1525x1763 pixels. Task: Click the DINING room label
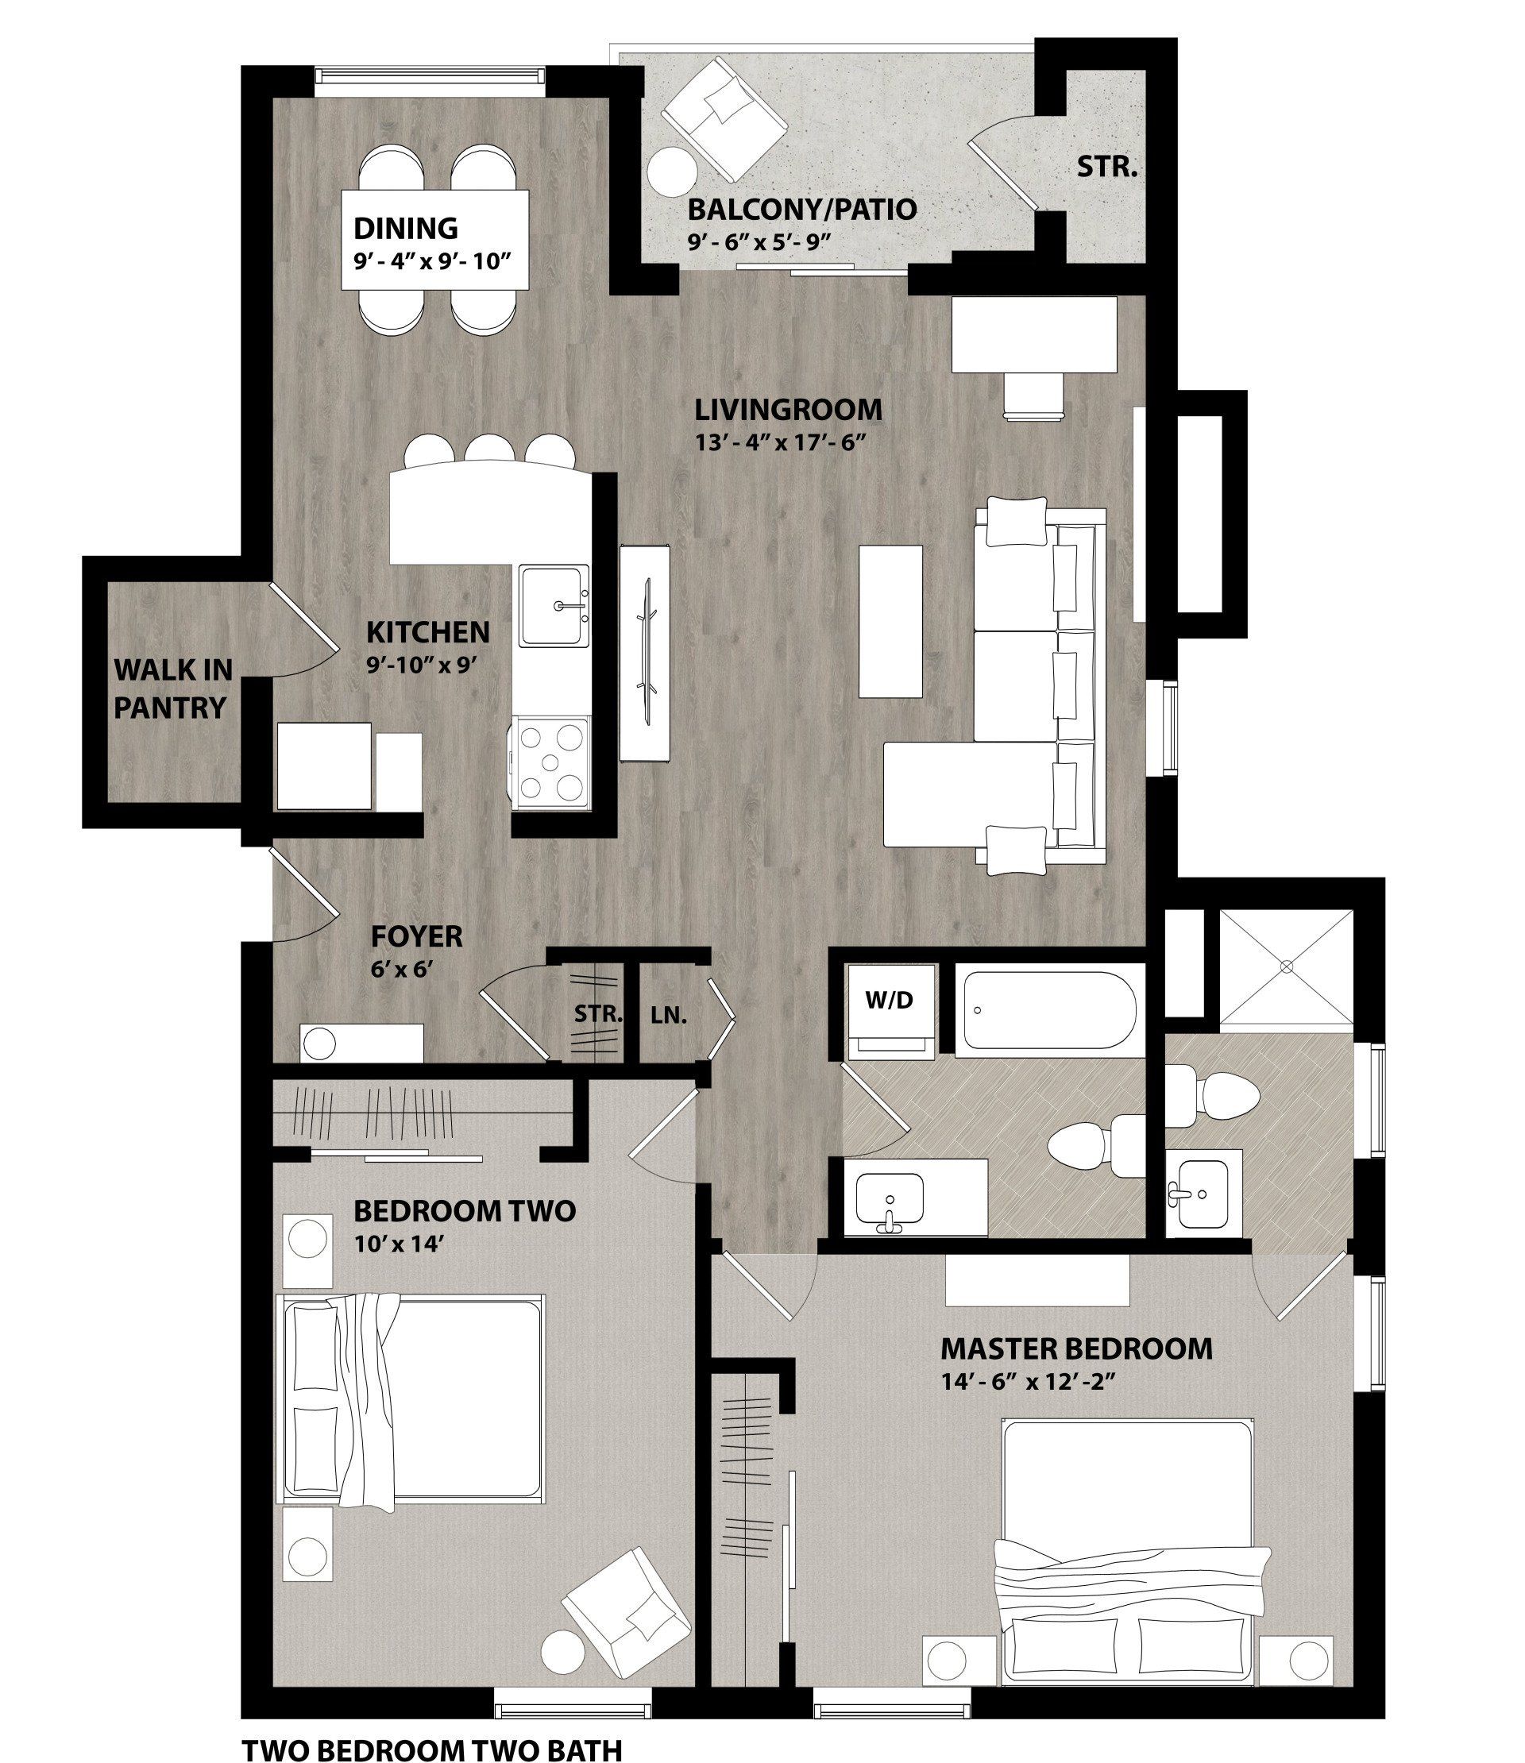405,228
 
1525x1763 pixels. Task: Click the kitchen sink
556,605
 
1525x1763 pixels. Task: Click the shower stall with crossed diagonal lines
1286,966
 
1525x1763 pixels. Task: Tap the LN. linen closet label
668,1015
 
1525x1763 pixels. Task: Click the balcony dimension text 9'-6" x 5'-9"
759,241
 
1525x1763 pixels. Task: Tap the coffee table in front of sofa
890,620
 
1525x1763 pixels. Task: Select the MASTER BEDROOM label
1075,1348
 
